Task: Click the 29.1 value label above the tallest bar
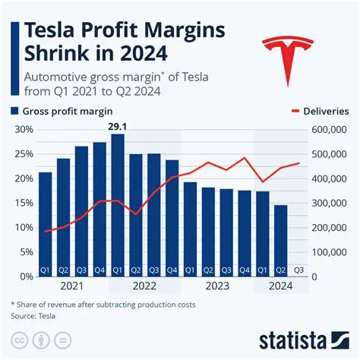coord(117,125)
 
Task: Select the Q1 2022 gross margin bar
coord(117,205)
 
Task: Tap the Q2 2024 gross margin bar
coord(281,240)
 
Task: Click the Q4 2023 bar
coord(245,232)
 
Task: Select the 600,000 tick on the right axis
coord(330,130)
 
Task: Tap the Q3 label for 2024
coord(299,270)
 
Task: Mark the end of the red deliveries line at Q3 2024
coord(299,163)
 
